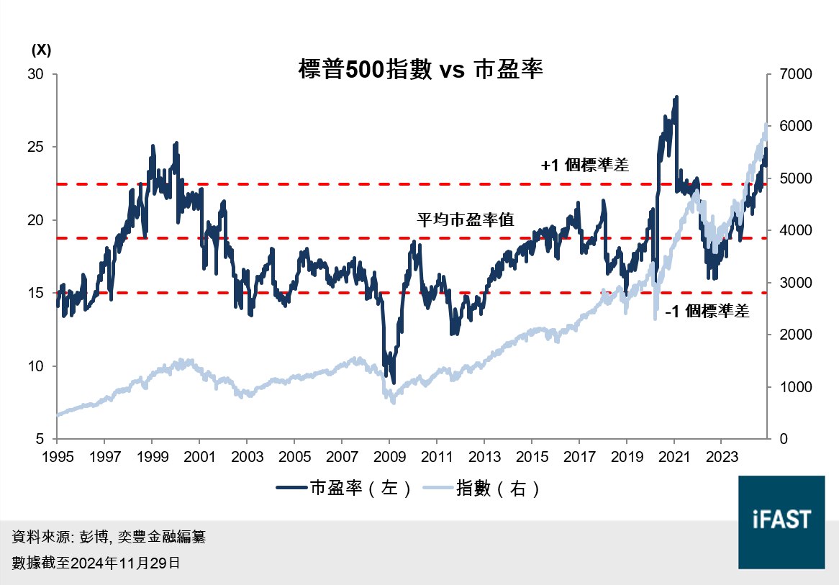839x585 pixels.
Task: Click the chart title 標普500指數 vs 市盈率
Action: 420,70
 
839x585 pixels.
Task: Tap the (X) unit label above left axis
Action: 41,50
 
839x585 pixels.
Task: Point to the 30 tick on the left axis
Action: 36,74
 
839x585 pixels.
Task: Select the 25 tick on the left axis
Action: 36,147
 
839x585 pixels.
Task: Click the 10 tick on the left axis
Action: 36,366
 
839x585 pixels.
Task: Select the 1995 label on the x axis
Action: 57,456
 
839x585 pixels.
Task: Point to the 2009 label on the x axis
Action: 389,456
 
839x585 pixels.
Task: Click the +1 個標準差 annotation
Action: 585,165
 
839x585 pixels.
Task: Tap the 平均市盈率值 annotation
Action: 466,220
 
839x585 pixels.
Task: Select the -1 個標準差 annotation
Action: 707,312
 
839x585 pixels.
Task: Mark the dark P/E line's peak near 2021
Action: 676,96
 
